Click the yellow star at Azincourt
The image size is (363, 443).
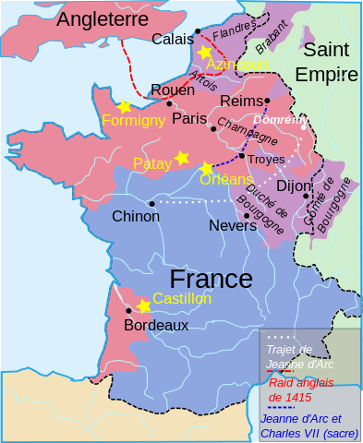click(x=204, y=53)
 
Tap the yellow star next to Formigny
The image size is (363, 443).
click(x=124, y=107)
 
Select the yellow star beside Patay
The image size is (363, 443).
click(x=182, y=158)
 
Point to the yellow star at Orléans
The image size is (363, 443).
click(x=206, y=167)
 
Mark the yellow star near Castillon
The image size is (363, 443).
click(x=143, y=305)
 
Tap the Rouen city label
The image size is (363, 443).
click(x=172, y=90)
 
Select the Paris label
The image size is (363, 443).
click(x=189, y=117)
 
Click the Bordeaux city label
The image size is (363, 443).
click(x=155, y=325)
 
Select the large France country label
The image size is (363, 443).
click(x=211, y=279)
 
